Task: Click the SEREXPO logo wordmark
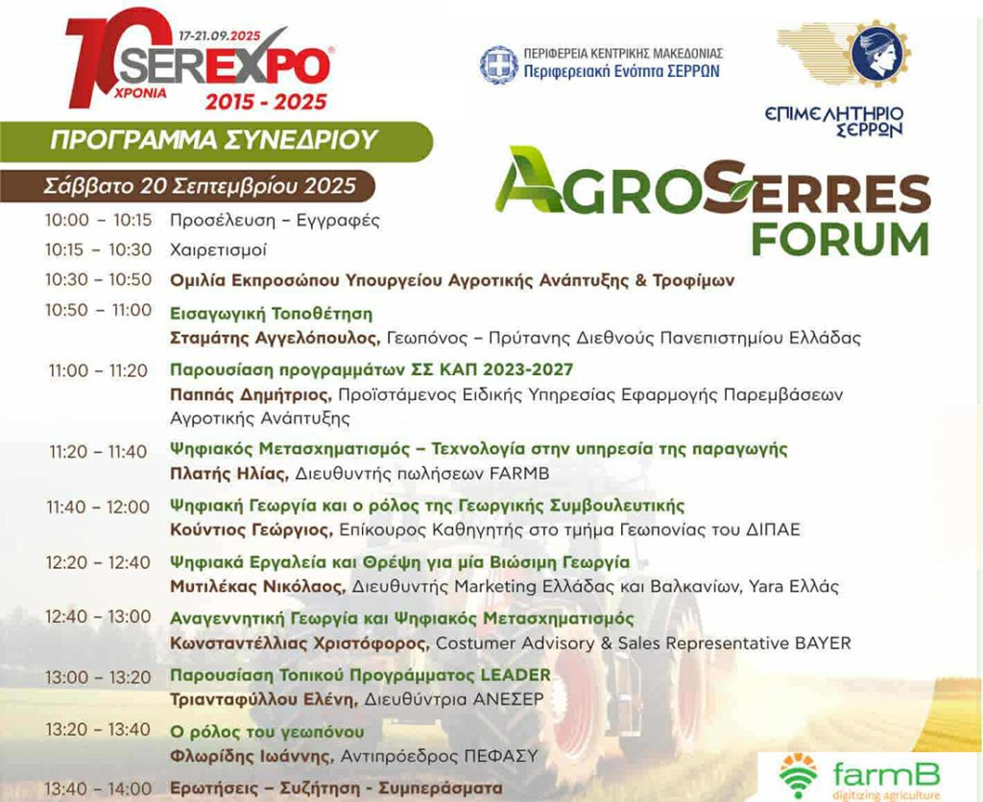pyautogui.click(x=225, y=66)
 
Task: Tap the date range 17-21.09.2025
pyautogui.click(x=220, y=36)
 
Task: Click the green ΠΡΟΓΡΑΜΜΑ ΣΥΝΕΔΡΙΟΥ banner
pyautogui.click(x=215, y=140)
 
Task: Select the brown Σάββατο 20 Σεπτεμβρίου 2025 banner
pyautogui.click(x=187, y=186)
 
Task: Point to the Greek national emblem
pyautogui.click(x=498, y=64)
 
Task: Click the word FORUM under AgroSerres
pyautogui.click(x=840, y=239)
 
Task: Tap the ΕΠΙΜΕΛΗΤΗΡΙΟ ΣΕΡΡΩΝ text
pyautogui.click(x=834, y=121)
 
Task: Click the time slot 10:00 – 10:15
pyautogui.click(x=99, y=220)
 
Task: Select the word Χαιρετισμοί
pyautogui.click(x=218, y=250)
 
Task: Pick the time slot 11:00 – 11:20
pyautogui.click(x=99, y=371)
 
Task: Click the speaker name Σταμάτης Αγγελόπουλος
pyautogui.click(x=275, y=339)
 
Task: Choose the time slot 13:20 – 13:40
pyautogui.click(x=98, y=730)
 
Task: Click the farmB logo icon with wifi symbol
pyautogui.click(x=798, y=777)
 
